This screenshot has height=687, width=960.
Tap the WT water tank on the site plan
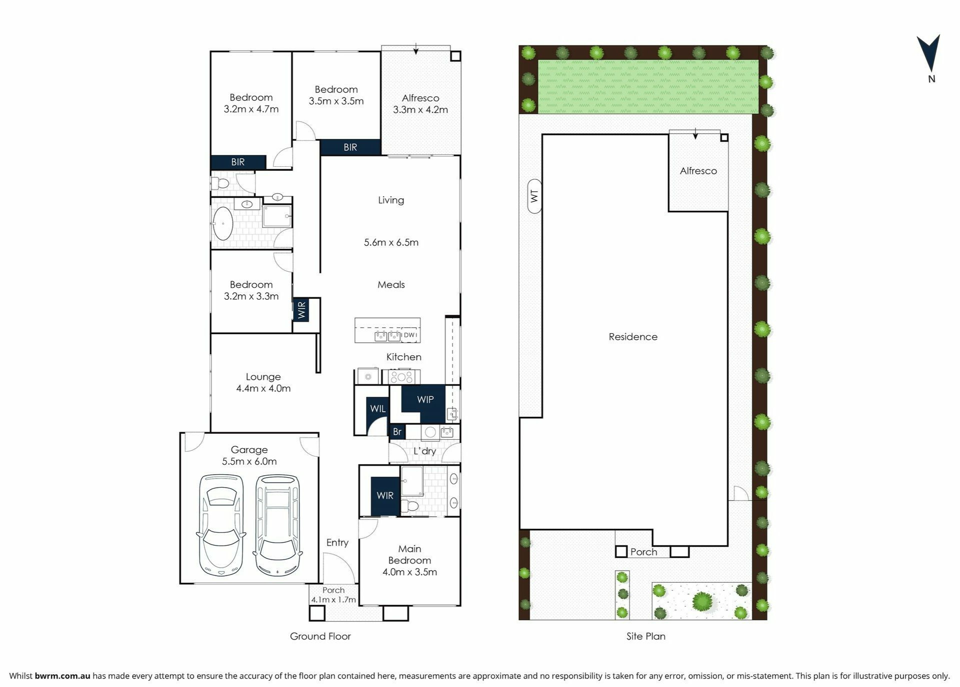click(x=534, y=196)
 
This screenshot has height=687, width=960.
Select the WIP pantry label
click(x=425, y=400)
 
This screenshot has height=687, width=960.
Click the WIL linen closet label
click(x=377, y=409)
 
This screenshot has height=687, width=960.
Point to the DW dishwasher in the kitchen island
click(x=409, y=335)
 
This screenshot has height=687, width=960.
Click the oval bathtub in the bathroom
click(x=222, y=224)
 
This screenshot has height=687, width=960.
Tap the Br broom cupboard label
click(x=397, y=432)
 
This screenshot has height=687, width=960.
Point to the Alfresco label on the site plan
click(x=698, y=171)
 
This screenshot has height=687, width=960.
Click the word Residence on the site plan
click(x=633, y=337)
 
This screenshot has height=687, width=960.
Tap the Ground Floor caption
click(x=320, y=636)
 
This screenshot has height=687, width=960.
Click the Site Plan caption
click(x=646, y=636)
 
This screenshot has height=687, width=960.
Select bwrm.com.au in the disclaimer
click(x=62, y=676)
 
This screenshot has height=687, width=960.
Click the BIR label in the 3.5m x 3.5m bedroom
click(x=350, y=147)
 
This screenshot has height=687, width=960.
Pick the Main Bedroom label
click(x=409, y=555)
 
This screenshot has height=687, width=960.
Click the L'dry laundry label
click(x=424, y=451)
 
